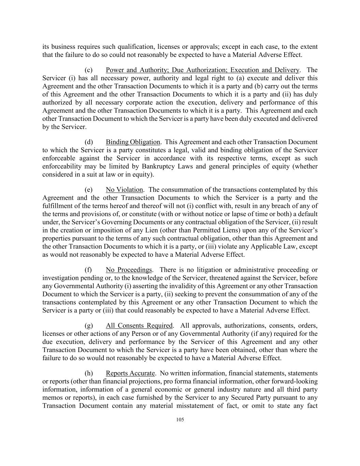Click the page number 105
pos(180,420)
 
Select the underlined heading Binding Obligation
pos(133,142)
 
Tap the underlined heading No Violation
pos(124,190)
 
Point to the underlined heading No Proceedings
pos(129,270)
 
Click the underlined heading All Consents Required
pos(139,326)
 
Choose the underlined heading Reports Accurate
pos(130,373)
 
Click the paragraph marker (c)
pos(89,70)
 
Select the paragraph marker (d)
pos(89,142)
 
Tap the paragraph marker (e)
pos(89,190)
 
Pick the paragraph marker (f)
pos(88,270)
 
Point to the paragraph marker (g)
pos(89,326)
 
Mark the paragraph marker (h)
pos(89,373)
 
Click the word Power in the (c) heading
pos(115,70)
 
